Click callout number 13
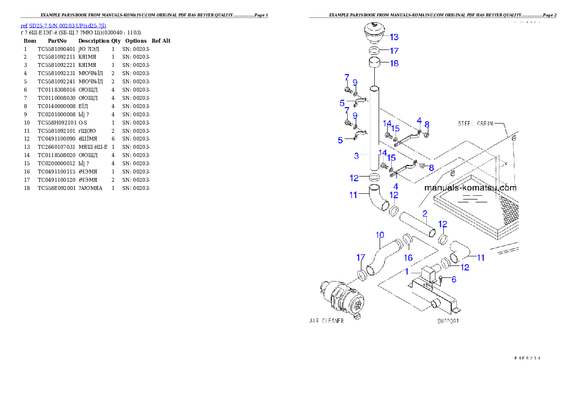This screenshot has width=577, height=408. point(394,37)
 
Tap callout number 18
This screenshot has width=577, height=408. point(394,63)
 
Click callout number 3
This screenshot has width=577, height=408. point(356,156)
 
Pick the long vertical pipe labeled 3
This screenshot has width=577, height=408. point(374,126)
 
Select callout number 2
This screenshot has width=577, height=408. point(425,213)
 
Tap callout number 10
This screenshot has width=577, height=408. point(380,235)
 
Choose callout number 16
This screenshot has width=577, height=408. point(408,258)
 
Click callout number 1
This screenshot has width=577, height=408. point(407,272)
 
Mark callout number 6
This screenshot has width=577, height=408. point(454,280)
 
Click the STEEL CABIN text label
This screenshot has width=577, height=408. point(475,124)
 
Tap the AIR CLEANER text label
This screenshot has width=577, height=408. point(326,321)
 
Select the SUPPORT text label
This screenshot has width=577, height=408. point(448,321)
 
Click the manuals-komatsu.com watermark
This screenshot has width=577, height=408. point(470,188)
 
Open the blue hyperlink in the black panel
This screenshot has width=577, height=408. point(63,25)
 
